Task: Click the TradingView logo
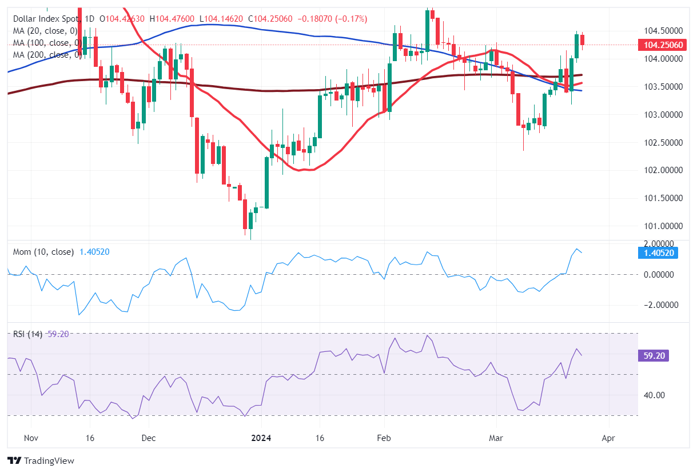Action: pyautogui.click(x=41, y=460)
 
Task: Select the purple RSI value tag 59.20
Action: pyautogui.click(x=652, y=356)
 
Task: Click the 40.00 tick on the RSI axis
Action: pyautogui.click(x=652, y=395)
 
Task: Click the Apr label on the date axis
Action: pyautogui.click(x=609, y=438)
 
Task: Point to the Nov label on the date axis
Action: pyautogui.click(x=31, y=438)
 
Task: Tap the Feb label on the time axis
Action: pyautogui.click(x=384, y=438)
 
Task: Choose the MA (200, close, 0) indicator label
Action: pyautogui.click(x=45, y=55)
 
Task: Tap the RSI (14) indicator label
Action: pyautogui.click(x=27, y=334)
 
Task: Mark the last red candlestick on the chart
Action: pyautogui.click(x=582, y=39)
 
